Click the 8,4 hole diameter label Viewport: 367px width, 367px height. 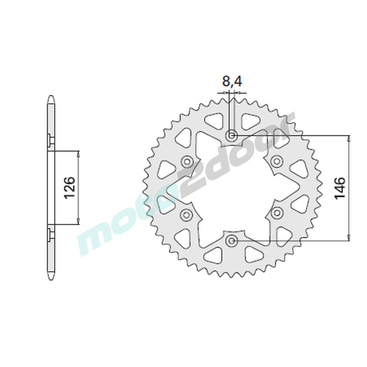(232, 82)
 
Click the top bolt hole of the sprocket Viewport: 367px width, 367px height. (232, 135)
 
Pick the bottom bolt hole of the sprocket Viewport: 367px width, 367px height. (232, 240)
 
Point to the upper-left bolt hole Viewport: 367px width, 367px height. (186, 161)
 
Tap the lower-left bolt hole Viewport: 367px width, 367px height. (186, 214)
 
